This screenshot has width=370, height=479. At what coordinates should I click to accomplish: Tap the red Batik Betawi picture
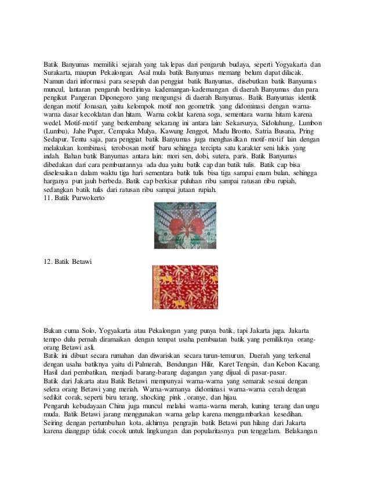pos(185,287)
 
